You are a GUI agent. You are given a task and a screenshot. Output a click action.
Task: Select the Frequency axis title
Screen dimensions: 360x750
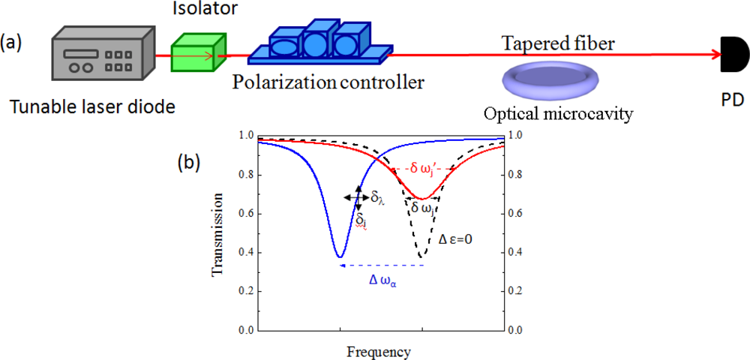point(379,350)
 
